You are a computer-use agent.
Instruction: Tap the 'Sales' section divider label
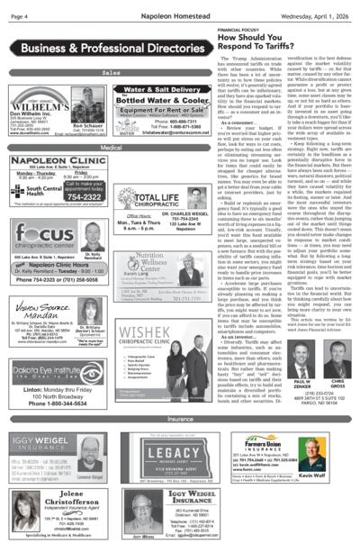[111, 72]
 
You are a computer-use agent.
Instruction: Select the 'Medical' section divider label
[111, 146]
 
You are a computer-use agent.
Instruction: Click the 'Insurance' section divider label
[179, 419]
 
